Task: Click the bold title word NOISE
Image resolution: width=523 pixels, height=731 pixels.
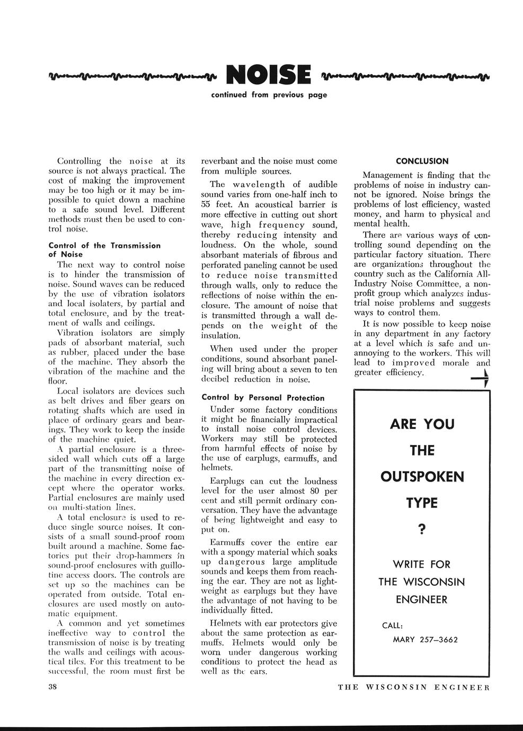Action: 268,75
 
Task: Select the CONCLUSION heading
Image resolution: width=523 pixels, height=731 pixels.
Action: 422,161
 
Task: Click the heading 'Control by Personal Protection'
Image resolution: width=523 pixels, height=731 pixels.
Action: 263,397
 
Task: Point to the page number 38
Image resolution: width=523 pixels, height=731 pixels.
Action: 53,687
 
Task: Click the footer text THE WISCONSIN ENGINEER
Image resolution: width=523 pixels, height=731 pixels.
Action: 413,688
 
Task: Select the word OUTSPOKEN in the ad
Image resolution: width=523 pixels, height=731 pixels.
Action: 422,477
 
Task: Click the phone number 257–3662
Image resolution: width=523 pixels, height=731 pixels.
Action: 438,639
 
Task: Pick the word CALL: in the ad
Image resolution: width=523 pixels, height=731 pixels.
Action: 393,626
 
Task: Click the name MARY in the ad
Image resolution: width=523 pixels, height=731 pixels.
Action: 404,639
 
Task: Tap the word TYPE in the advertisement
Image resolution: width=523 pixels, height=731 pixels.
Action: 422,503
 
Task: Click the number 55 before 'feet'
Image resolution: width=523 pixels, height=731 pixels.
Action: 207,204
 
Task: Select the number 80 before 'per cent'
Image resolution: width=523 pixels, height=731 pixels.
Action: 315,491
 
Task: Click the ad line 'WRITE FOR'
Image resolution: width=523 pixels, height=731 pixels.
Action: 422,563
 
